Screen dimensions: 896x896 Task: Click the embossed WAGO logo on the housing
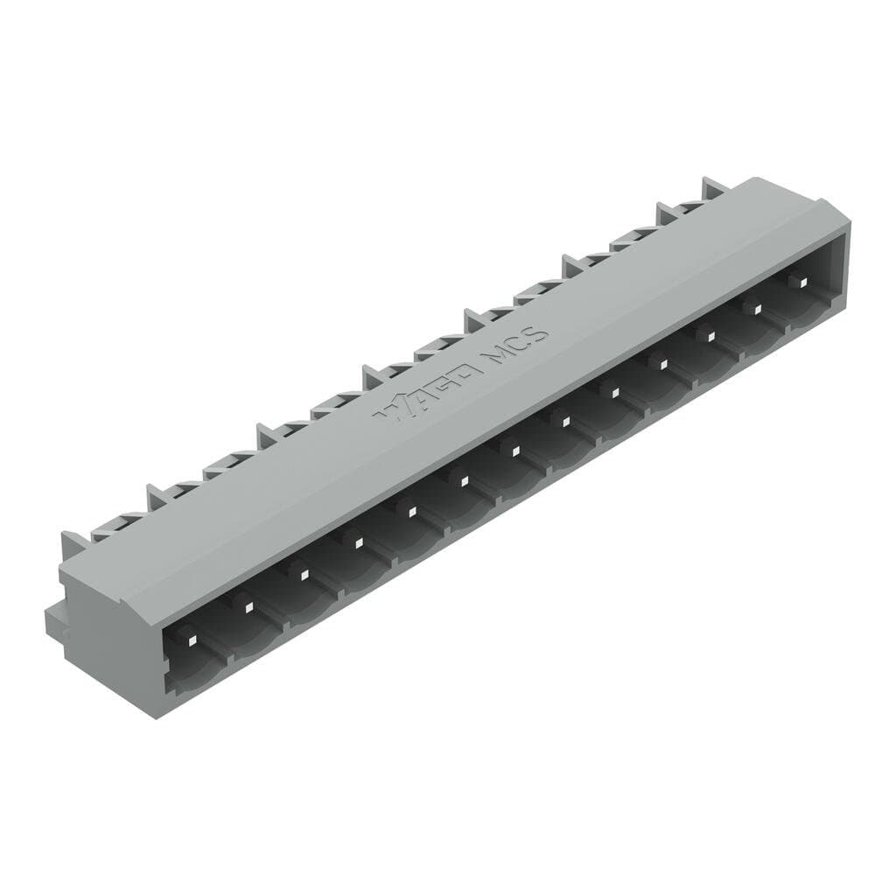tap(428, 390)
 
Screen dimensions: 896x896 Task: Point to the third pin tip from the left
tap(304, 574)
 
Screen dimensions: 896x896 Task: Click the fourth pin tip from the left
tap(358, 543)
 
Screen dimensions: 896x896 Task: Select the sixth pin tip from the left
tap(463, 480)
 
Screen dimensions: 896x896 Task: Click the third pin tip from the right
tap(707, 333)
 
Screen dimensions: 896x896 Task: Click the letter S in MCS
tap(538, 332)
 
